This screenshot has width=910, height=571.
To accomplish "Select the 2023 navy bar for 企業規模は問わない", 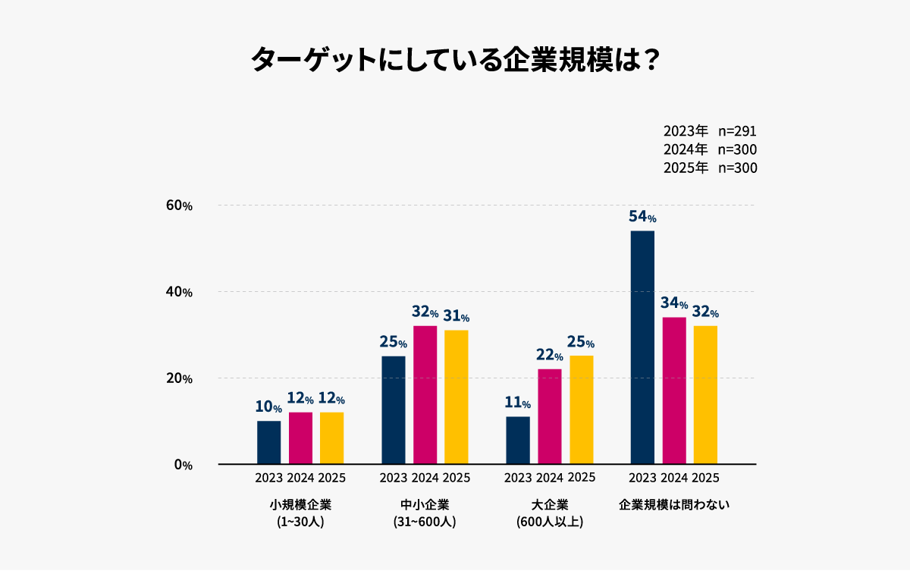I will [x=642, y=347].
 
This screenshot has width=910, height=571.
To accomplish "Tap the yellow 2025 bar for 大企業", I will [x=582, y=409].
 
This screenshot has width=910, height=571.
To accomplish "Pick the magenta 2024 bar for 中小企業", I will [x=425, y=394].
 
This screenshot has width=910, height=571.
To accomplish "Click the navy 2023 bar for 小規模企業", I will [x=268, y=442].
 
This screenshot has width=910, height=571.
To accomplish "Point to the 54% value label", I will [x=642, y=217].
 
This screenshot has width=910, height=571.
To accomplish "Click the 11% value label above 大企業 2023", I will [x=518, y=403].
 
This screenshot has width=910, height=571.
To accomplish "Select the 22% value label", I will [x=550, y=355].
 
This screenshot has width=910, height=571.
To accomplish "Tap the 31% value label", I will [x=457, y=316].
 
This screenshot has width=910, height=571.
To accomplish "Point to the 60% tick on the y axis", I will [x=179, y=205].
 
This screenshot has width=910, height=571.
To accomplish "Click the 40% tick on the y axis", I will [x=179, y=292].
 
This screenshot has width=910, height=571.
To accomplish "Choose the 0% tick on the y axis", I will [x=183, y=465].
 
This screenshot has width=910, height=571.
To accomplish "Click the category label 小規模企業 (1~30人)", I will [x=300, y=513].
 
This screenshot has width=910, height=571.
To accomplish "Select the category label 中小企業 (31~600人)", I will [x=425, y=513].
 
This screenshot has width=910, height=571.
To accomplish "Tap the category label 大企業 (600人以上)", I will [x=550, y=513].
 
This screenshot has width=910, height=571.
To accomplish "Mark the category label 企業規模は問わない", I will [x=674, y=504].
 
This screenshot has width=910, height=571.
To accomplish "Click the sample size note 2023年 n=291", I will [x=710, y=130].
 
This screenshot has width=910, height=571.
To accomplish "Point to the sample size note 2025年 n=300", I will [x=710, y=168].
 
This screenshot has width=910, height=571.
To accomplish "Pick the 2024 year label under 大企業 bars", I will [x=550, y=478].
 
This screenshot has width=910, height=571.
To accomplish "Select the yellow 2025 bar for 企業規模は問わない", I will [x=705, y=394].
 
